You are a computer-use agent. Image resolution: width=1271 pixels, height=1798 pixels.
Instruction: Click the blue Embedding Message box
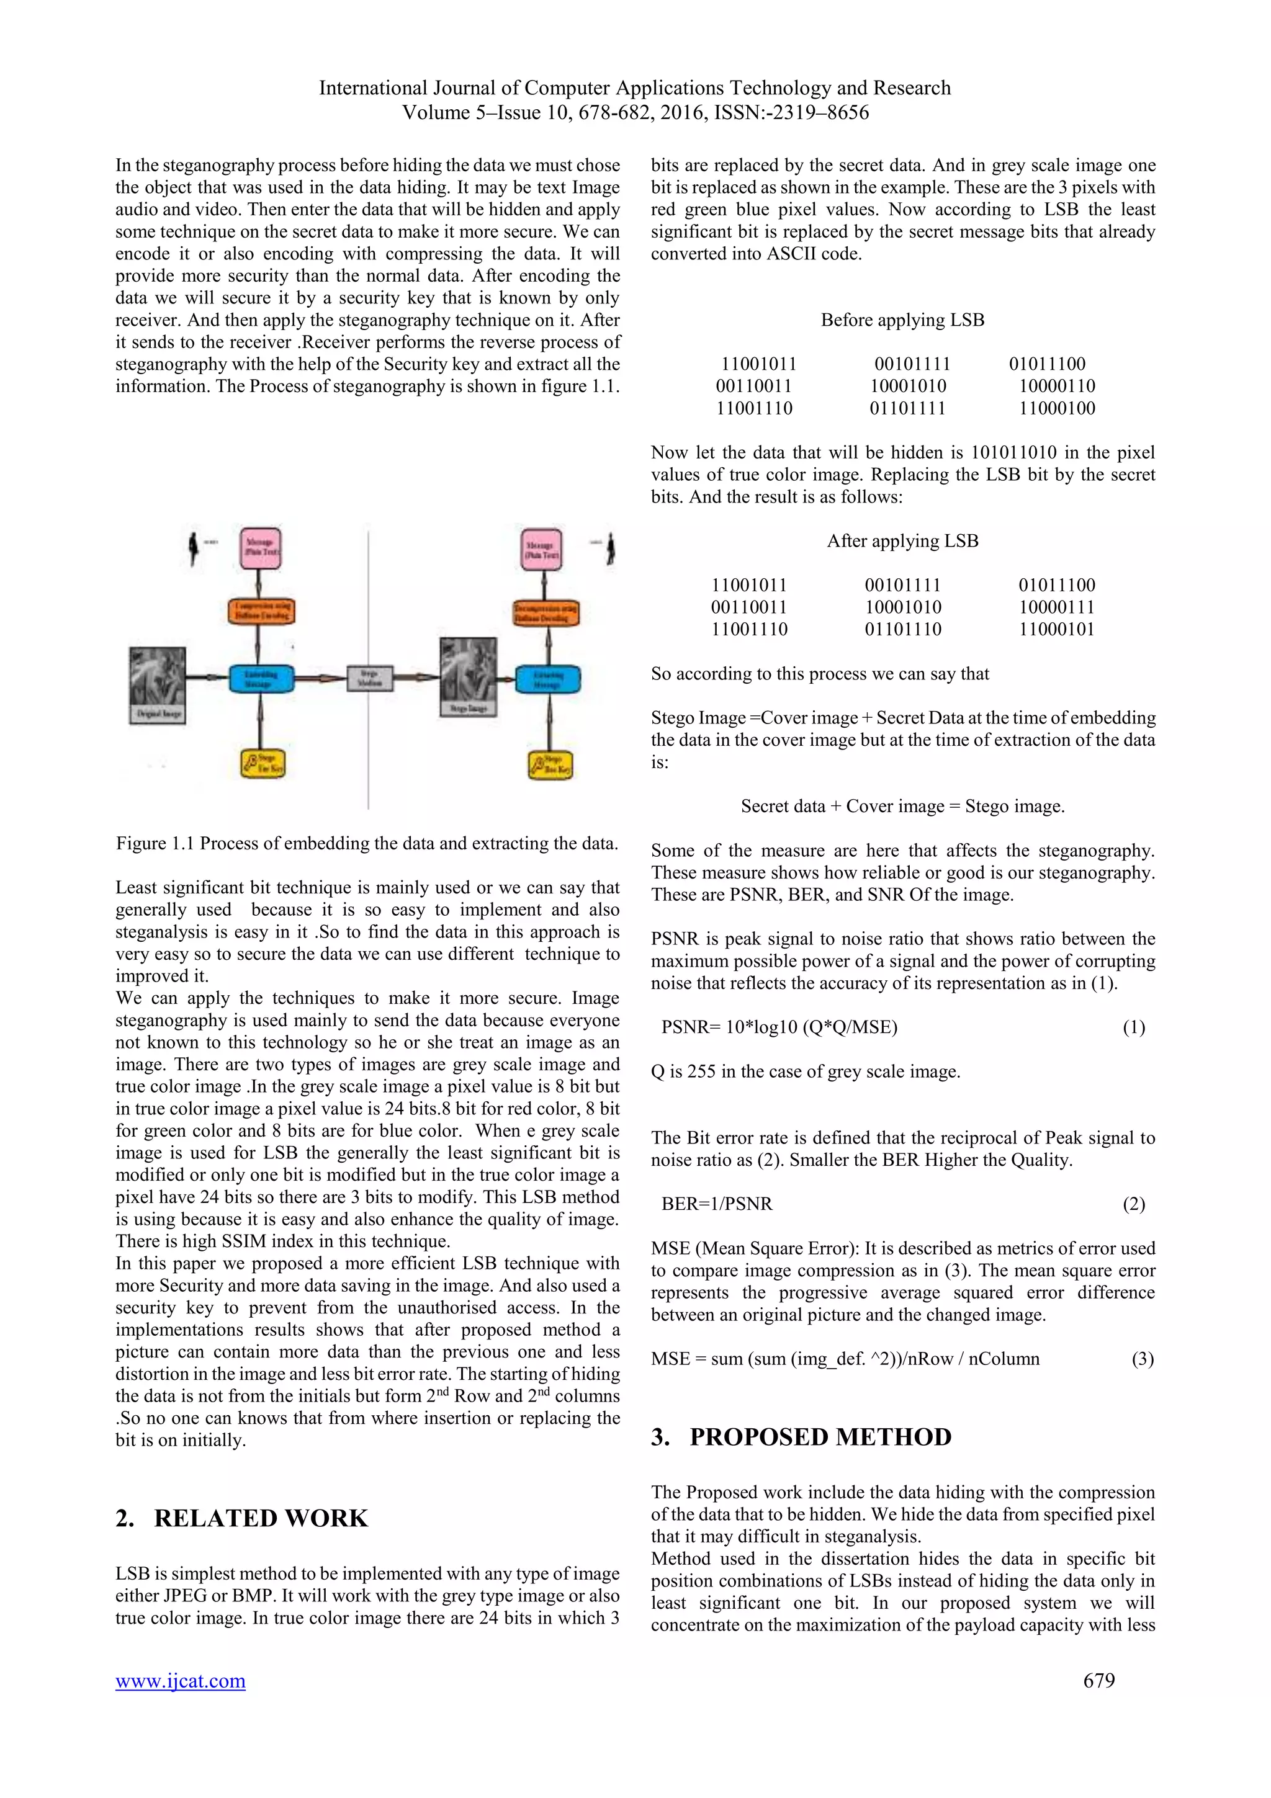pyautogui.click(x=261, y=678)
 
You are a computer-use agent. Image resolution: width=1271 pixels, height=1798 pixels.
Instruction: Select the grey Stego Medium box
pyautogui.click(x=370, y=678)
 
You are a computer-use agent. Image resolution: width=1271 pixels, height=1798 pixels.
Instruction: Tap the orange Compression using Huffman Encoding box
pyautogui.click(x=261, y=611)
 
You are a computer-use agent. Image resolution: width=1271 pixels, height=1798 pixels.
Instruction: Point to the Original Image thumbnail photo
pyautogui.click(x=158, y=677)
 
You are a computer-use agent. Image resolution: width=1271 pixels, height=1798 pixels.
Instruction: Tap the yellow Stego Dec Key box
pyautogui.click(x=550, y=764)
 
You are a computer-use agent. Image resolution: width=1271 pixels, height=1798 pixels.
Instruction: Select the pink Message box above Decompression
pyautogui.click(x=542, y=549)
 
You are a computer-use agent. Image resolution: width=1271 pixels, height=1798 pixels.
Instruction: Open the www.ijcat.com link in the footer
pyautogui.click(x=180, y=1681)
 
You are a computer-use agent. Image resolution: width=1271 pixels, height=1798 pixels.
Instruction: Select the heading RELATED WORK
pyautogui.click(x=260, y=1518)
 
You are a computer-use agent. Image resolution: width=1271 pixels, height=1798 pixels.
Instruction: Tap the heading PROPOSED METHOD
pyautogui.click(x=820, y=1437)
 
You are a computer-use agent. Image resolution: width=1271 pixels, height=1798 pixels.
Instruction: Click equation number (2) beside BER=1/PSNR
pyautogui.click(x=1133, y=1204)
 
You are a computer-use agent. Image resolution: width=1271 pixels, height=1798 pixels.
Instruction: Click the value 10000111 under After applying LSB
pyautogui.click(x=1056, y=607)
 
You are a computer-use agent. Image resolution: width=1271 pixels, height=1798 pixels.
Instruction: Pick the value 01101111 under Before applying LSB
pyautogui.click(x=907, y=408)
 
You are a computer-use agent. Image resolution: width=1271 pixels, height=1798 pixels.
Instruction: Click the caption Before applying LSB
pyautogui.click(x=902, y=320)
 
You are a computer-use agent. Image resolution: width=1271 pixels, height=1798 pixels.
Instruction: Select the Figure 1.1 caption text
pyautogui.click(x=367, y=843)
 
